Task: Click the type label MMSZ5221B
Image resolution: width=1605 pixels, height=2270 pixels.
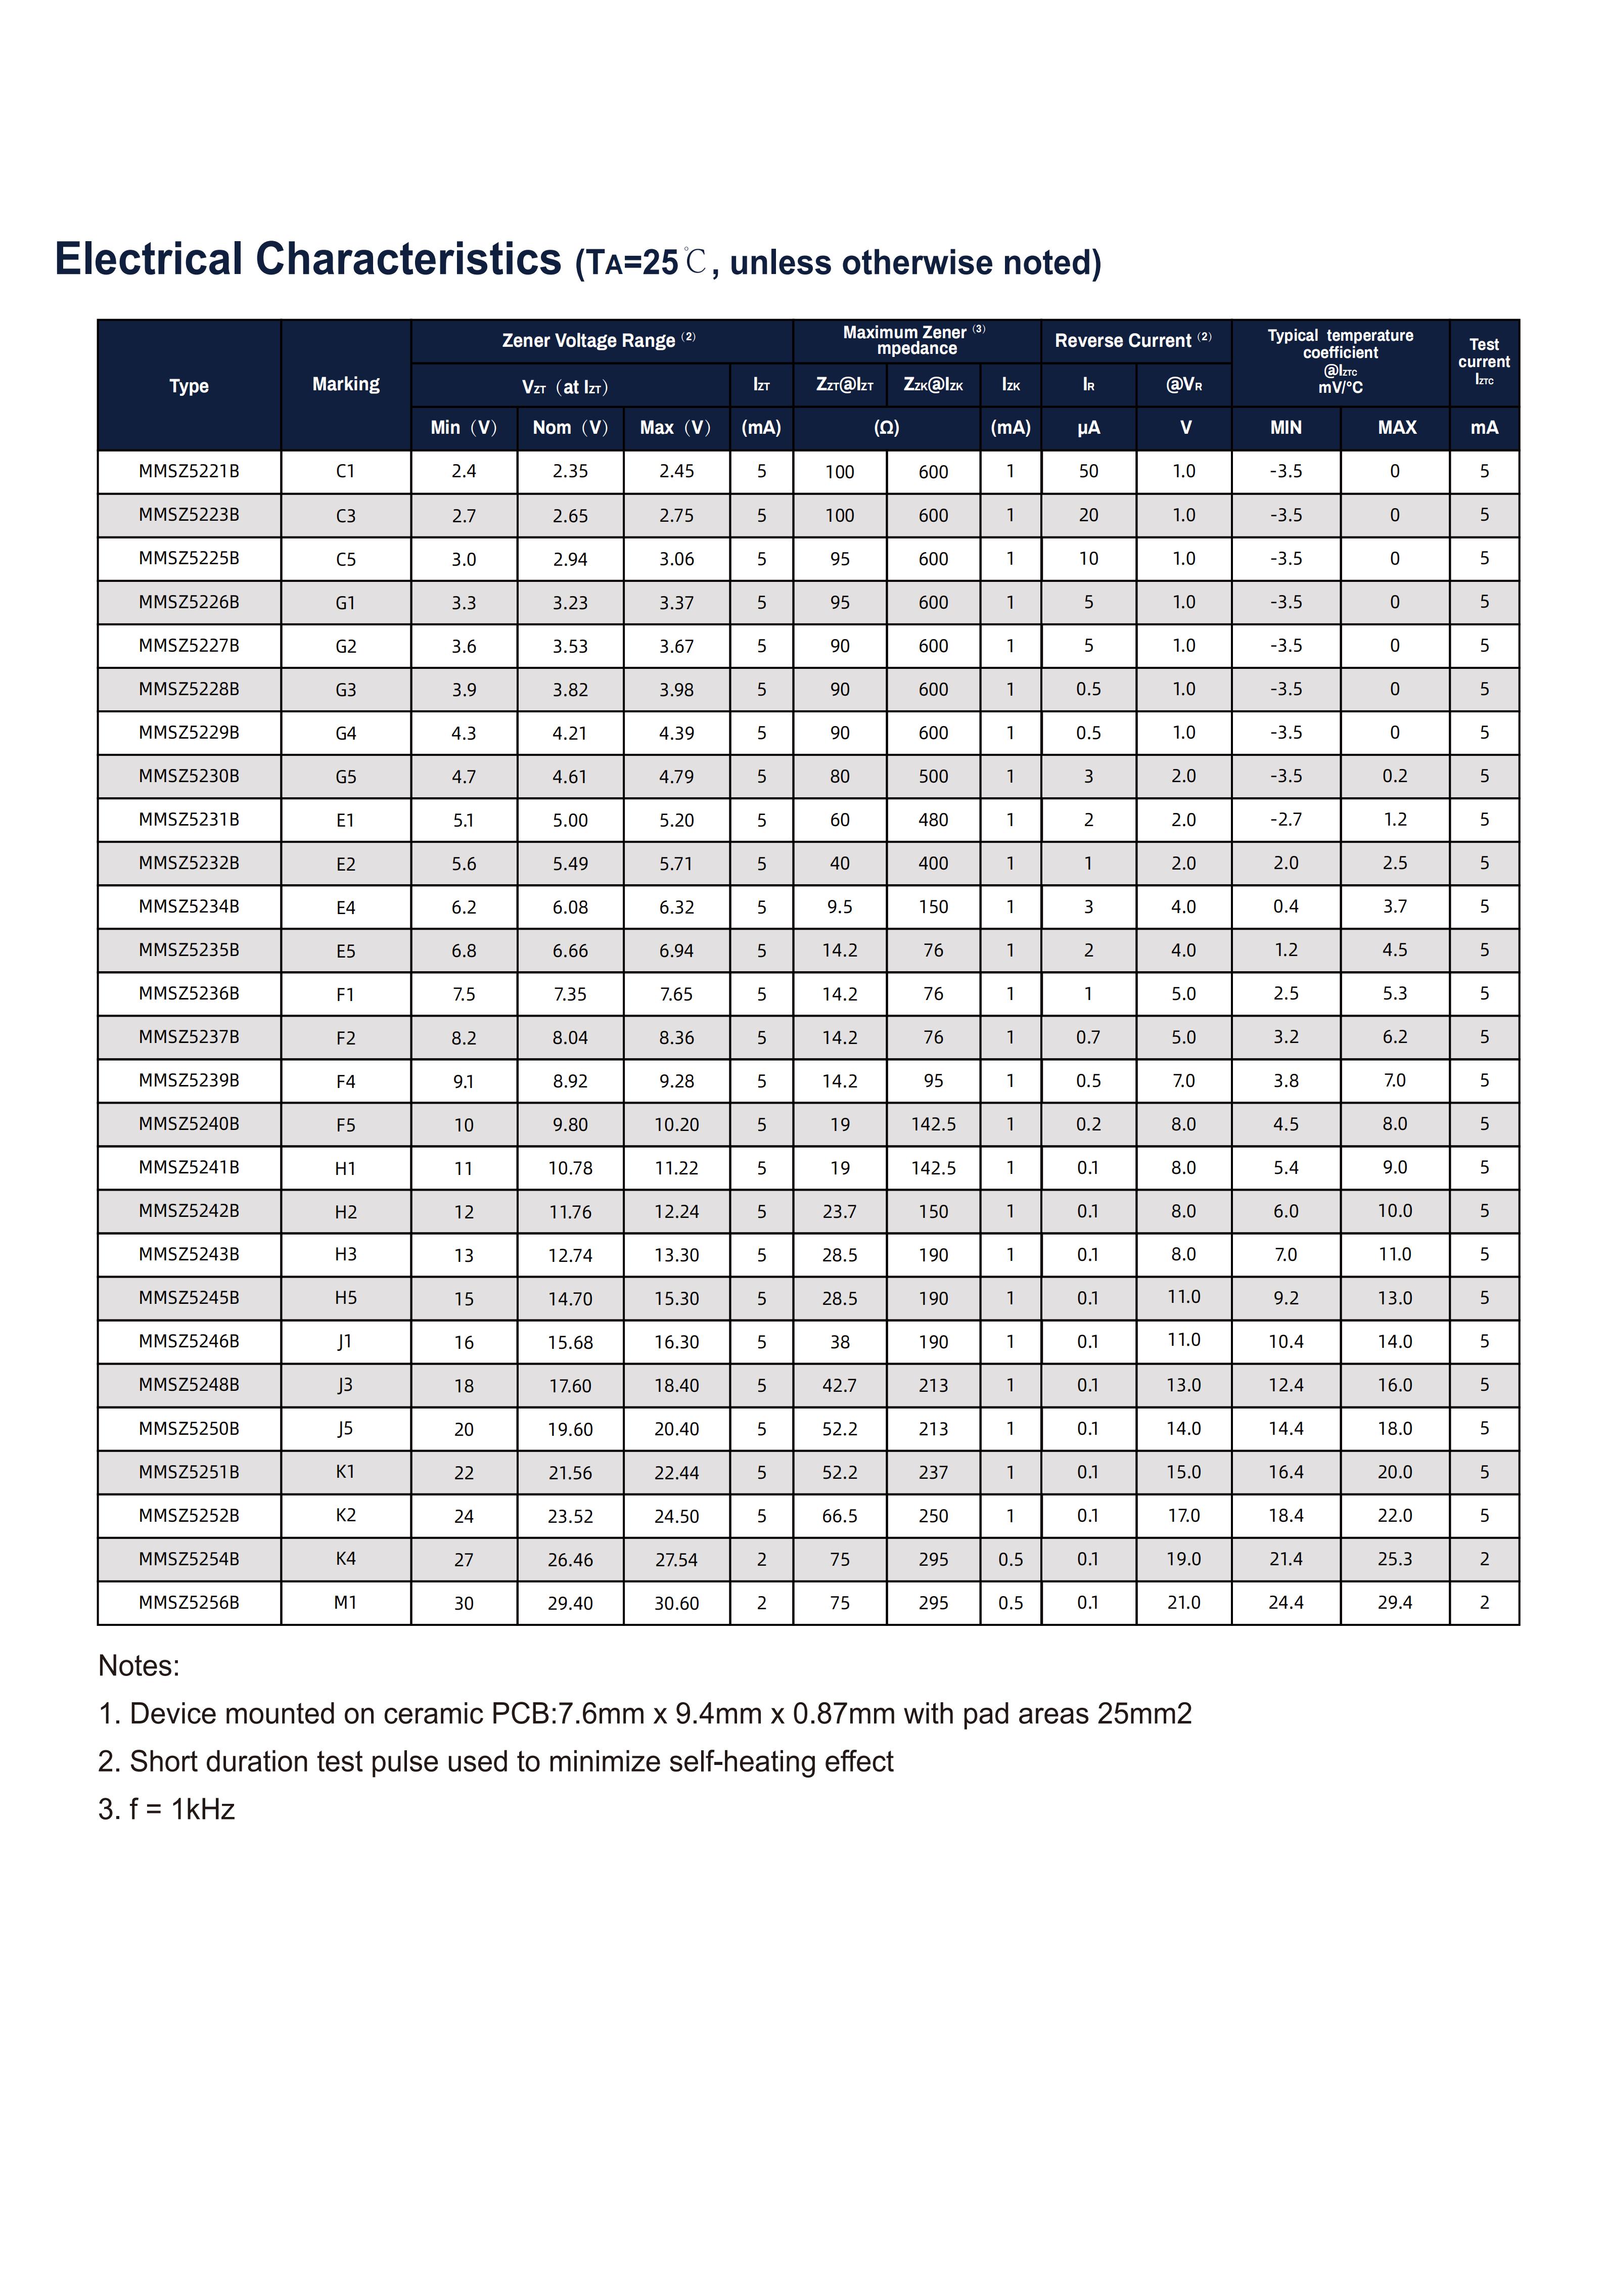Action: tap(189, 472)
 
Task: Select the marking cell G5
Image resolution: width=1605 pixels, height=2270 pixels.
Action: tap(345, 777)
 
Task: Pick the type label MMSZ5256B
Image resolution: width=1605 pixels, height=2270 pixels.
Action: tap(189, 1603)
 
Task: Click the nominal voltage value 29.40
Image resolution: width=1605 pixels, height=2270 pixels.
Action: tap(570, 1604)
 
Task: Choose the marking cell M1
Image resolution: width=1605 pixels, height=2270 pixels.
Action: tap(345, 1603)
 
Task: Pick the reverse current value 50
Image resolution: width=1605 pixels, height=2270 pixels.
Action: tap(1088, 472)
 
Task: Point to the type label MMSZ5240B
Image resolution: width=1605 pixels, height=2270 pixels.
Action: tap(189, 1124)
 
